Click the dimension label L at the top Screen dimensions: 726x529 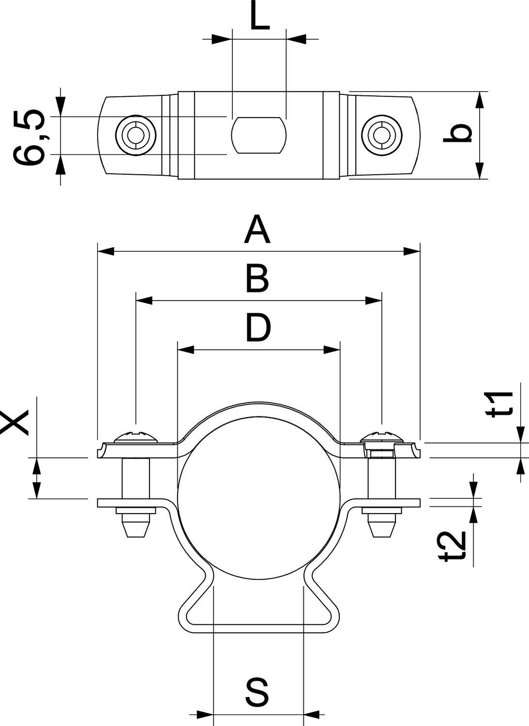point(259,17)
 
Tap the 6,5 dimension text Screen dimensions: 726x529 point(30,138)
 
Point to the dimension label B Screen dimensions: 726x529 point(257,279)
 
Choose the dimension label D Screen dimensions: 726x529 point(258,328)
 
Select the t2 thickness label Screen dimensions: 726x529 point(454,547)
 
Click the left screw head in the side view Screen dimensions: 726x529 point(136,437)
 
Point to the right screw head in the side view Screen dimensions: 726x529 point(382,437)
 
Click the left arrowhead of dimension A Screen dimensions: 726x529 point(106,251)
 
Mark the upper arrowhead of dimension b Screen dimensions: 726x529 point(480,100)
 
